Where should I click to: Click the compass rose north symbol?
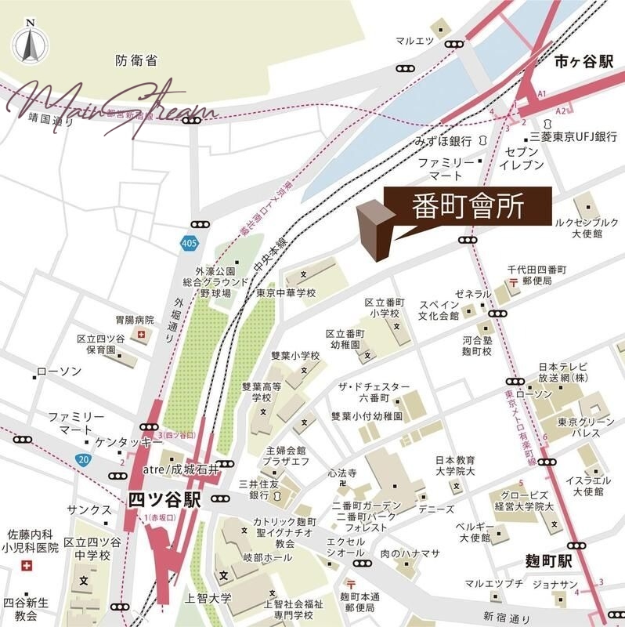(x=28, y=42)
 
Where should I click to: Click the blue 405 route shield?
(x=187, y=243)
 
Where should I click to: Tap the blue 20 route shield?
(x=83, y=458)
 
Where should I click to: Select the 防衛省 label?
(x=136, y=60)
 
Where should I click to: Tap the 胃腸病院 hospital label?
(x=134, y=321)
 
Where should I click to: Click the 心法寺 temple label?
(x=342, y=473)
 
